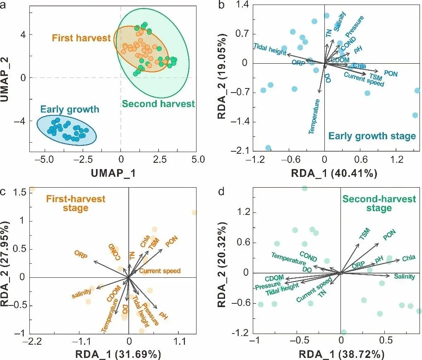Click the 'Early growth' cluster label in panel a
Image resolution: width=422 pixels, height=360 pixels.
coord(70,110)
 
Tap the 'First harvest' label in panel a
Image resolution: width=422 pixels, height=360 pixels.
coord(81,38)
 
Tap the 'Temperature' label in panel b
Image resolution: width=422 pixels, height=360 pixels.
coord(314,117)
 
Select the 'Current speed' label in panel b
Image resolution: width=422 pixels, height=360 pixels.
coord(364,79)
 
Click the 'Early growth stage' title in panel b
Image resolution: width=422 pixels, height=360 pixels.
coord(372,136)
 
